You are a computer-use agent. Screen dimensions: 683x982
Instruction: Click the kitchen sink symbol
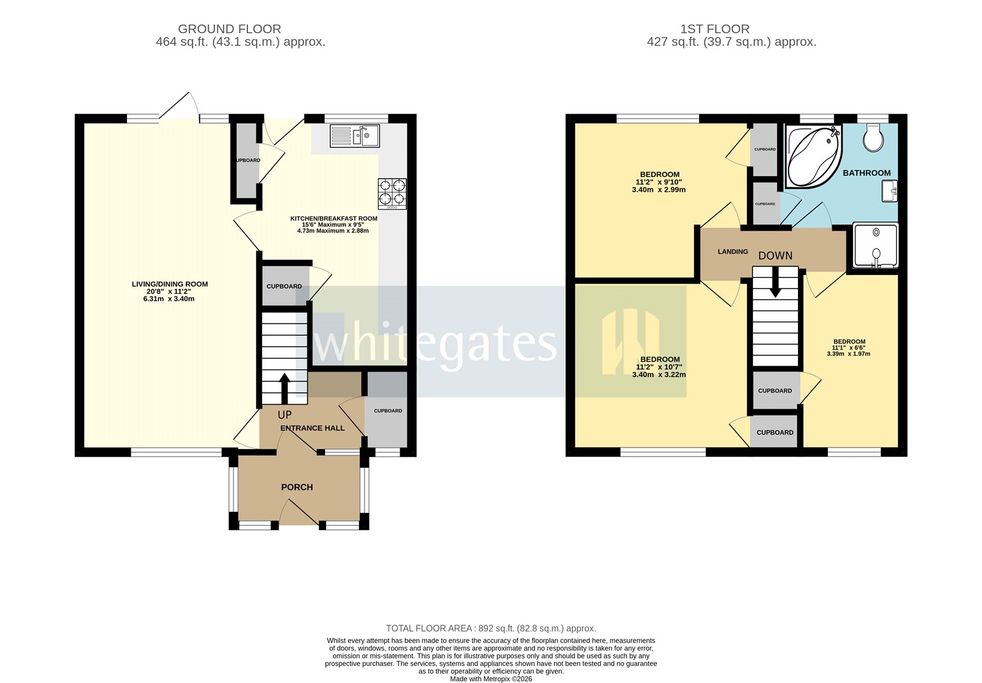(355, 136)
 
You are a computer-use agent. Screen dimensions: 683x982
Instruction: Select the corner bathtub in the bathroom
(811, 155)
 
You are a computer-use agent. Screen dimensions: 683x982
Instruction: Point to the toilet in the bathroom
(872, 138)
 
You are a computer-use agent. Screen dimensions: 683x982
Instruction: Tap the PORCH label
(297, 487)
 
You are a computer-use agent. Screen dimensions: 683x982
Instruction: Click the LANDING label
(733, 252)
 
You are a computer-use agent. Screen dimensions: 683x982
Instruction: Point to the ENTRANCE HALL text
(312, 428)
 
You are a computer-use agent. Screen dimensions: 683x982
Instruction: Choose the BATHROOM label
(866, 173)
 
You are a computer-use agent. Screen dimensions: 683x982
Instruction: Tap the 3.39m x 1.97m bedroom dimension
(849, 354)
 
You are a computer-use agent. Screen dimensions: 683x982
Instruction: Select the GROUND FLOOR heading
(230, 29)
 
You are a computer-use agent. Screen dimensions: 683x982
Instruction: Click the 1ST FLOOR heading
(714, 29)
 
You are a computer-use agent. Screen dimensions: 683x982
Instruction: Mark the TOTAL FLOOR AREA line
(490, 628)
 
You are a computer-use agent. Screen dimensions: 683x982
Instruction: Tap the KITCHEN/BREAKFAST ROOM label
(333, 218)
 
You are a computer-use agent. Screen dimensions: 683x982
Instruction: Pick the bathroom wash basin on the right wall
(890, 191)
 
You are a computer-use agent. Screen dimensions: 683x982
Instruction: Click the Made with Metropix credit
(490, 679)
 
